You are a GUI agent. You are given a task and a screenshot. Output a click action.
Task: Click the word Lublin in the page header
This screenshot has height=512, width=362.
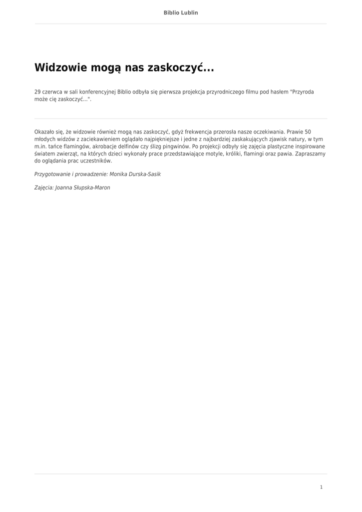[189, 12]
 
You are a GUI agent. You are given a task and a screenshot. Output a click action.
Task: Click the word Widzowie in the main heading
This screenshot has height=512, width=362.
[60, 67]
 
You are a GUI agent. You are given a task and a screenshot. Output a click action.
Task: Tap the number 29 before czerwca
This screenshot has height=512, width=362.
[37, 92]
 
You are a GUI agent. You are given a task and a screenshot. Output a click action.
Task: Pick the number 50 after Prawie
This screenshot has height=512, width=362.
[308, 132]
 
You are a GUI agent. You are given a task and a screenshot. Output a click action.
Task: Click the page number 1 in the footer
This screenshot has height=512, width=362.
[321, 487]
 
